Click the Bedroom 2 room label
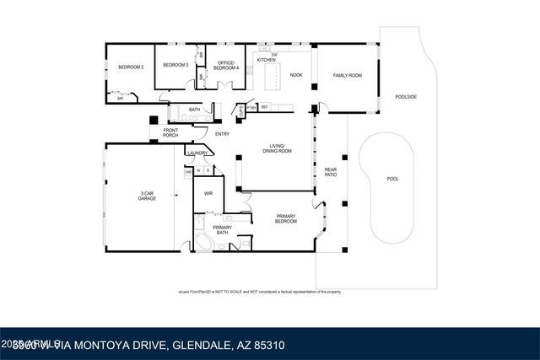(128, 67)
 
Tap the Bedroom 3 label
(174, 65)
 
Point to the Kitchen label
(266, 61)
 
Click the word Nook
(296, 75)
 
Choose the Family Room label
(346, 75)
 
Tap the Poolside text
(407, 97)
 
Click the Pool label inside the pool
(392, 179)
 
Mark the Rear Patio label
(331, 173)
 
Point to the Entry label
(222, 134)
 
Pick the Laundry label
(197, 153)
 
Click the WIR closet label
(207, 194)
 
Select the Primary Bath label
(222, 230)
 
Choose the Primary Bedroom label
(286, 219)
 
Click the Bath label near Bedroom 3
(194, 110)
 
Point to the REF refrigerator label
(264, 107)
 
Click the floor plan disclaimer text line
(260, 292)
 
